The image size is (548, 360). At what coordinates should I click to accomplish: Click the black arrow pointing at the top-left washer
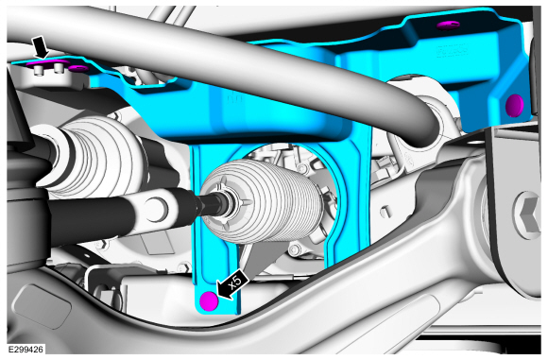click(41, 48)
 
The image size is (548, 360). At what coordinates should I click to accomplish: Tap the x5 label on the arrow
click(235, 282)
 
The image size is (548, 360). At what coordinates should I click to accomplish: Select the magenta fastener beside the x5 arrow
click(209, 300)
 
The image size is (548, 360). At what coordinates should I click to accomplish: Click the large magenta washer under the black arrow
click(48, 63)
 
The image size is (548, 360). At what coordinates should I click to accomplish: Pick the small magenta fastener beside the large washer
click(78, 68)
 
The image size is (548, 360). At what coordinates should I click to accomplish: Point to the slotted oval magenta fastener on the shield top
click(449, 25)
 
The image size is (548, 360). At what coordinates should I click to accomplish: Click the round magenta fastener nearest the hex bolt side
click(515, 105)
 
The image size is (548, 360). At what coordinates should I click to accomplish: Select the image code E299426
click(26, 350)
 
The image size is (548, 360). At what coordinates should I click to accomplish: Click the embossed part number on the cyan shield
click(453, 52)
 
